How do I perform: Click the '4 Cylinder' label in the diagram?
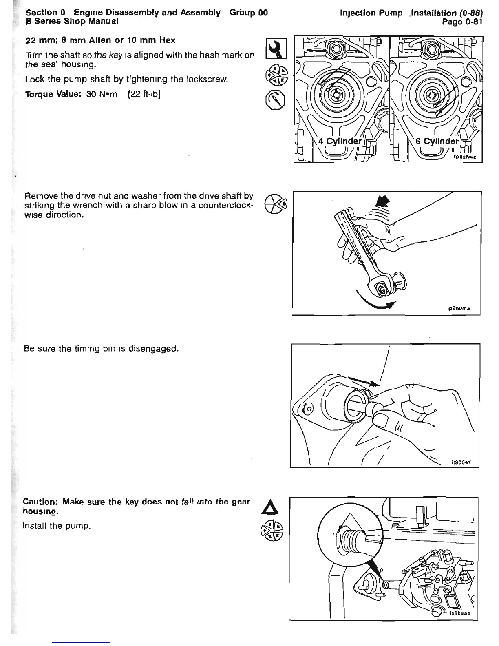click(340, 141)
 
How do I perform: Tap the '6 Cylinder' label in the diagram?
click(437, 141)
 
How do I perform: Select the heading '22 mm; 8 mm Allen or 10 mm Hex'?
click(100, 40)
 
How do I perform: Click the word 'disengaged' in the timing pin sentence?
click(154, 349)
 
